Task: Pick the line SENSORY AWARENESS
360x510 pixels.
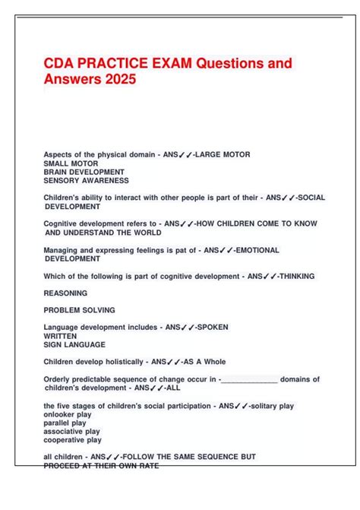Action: (86, 181)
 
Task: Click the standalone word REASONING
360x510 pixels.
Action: (65, 293)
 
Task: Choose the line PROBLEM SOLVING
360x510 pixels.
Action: (80, 310)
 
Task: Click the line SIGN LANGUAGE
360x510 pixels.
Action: (74, 344)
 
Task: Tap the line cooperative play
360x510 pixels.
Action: (73, 440)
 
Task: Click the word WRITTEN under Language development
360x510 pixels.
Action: (60, 336)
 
